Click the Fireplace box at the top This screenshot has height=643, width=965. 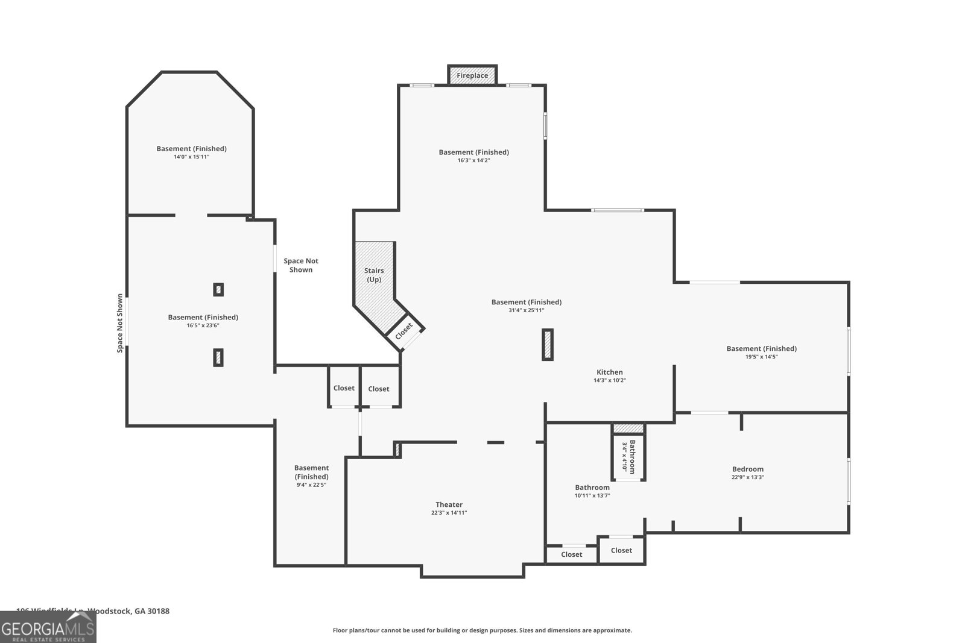pos(472,75)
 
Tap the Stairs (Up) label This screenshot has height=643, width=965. pos(374,275)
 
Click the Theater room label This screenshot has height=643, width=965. pos(449,504)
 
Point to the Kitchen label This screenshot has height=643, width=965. pos(610,372)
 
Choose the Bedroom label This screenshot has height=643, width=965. pos(748,469)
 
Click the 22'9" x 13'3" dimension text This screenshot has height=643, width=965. pos(748,477)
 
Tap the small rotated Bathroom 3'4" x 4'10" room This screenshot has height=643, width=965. pos(628,457)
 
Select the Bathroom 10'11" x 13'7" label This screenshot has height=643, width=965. pos(592,488)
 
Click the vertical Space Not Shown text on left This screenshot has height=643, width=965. pos(120,323)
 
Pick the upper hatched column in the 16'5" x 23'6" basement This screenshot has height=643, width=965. pos(218,290)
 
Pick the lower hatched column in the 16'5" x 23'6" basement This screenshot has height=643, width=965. pos(218,357)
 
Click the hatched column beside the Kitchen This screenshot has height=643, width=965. pos(548,345)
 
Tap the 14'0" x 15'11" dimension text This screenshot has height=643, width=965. pos(191,157)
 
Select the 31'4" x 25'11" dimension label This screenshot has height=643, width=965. pos(527,310)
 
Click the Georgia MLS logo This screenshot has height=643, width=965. pos(48,627)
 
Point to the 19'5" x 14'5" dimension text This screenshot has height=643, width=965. pos(762,357)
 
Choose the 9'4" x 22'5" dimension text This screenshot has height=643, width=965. pos(311,485)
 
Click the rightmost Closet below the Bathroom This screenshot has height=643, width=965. pos(621,550)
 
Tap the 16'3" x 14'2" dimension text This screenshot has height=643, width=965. pos(473,160)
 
